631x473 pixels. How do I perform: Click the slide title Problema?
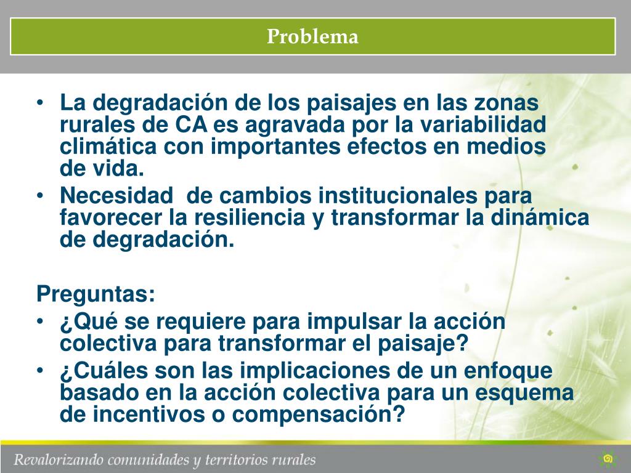(312, 37)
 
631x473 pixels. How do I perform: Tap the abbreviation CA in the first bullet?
(191, 124)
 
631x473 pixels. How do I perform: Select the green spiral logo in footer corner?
(608, 459)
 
